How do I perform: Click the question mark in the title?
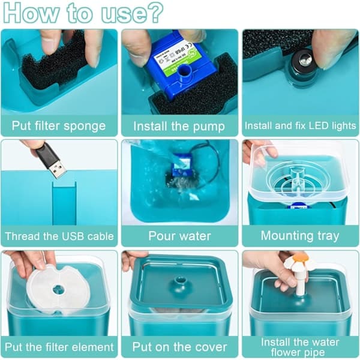tap(155, 12)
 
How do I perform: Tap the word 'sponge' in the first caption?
tap(85, 126)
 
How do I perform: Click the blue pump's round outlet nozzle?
tap(185, 71)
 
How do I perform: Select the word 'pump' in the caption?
tap(209, 127)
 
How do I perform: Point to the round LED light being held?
tap(303, 61)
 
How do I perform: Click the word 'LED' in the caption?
tap(319, 125)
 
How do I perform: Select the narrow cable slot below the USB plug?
tap(64, 203)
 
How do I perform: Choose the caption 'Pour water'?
tap(180, 236)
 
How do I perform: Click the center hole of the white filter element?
tap(59, 290)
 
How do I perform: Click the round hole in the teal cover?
tap(180, 281)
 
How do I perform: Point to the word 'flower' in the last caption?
tap(284, 352)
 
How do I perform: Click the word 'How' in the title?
tap(31, 13)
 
